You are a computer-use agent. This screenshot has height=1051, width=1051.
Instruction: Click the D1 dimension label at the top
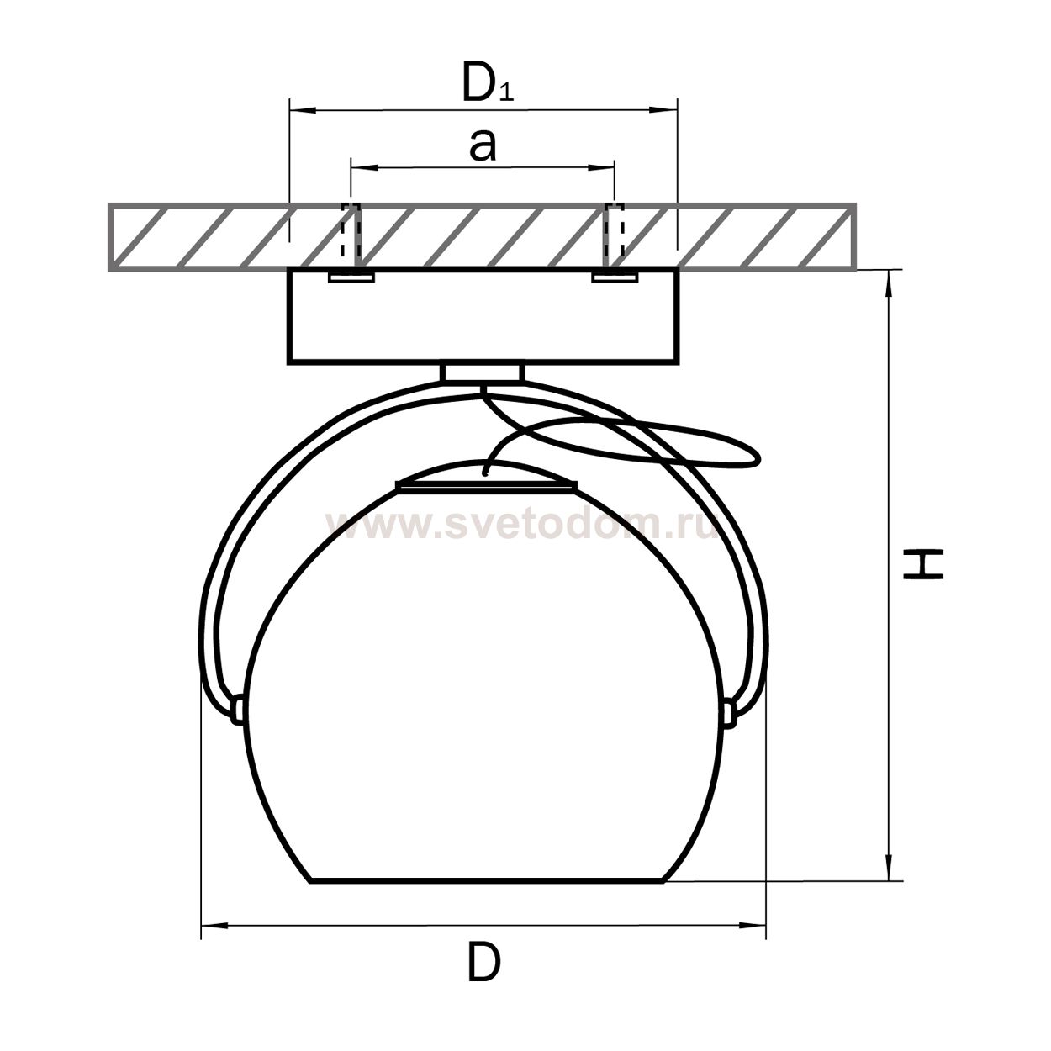[488, 83]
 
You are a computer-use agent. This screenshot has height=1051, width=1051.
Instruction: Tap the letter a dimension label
[483, 146]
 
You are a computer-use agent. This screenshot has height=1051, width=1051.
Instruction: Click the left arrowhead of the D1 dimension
[303, 111]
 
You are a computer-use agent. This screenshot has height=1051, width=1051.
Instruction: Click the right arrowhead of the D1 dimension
[663, 111]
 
